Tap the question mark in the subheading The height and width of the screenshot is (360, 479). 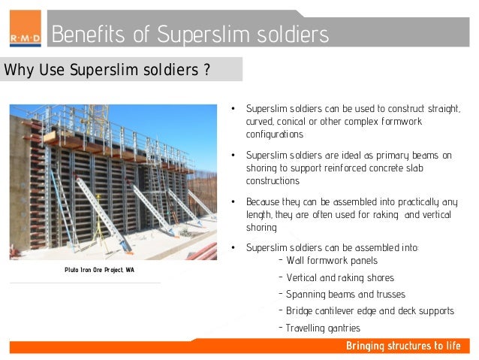[x=206, y=71]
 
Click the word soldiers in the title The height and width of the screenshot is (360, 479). [x=289, y=35]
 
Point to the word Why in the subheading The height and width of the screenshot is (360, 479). [x=18, y=71]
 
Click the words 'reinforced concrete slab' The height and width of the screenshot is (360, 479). [x=372, y=168]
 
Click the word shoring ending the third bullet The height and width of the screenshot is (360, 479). [x=261, y=228]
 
